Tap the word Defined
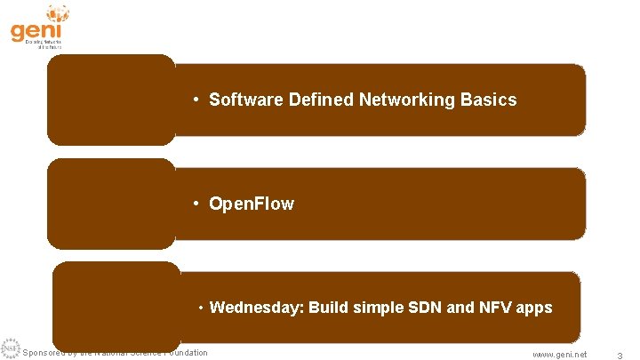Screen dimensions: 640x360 pyautogui.click(x=321, y=100)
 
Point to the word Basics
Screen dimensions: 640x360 pyautogui.click(x=488, y=100)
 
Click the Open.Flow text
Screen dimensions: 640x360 pyautogui.click(x=251, y=204)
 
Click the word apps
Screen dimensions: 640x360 pyautogui.click(x=534, y=308)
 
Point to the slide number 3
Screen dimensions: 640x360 pyautogui.click(x=619, y=355)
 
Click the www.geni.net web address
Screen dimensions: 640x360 pyautogui.click(x=559, y=354)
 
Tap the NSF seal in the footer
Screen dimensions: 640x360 pyautogui.click(x=10, y=349)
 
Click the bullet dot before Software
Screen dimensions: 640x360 pyautogui.click(x=196, y=100)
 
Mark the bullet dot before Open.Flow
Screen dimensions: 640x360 pyautogui.click(x=196, y=204)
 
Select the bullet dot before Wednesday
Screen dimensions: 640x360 pyautogui.click(x=202, y=308)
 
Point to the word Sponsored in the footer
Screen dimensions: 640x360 pyautogui.click(x=43, y=353)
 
